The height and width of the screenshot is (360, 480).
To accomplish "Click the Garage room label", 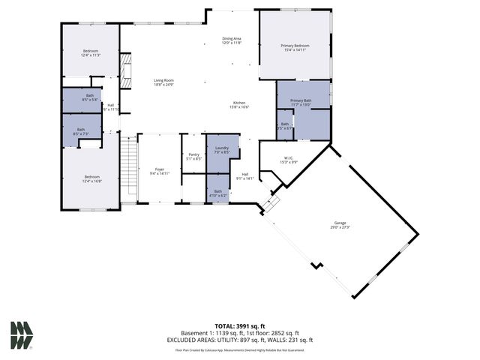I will [340, 224].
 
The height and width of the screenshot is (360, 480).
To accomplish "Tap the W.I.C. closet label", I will [288, 160].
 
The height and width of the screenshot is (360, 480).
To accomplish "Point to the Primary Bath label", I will [301, 103].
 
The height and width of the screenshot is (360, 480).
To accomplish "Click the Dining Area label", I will [231, 41].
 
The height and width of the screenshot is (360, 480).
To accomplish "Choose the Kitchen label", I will [238, 105].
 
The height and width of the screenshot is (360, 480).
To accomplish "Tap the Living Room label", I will [163, 82].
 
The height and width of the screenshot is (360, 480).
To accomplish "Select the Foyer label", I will [160, 171].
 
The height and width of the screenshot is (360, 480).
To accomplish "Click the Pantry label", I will [193, 156].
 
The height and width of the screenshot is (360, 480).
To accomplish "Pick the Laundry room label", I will [221, 150].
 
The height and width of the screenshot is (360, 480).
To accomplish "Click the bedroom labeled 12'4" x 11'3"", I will [90, 52].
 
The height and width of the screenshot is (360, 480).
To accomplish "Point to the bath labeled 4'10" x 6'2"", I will [217, 193].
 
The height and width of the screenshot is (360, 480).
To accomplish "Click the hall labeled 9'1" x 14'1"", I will [245, 176].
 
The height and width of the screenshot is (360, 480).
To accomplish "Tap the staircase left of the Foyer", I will [130, 169].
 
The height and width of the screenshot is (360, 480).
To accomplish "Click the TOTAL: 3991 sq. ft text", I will [240, 326].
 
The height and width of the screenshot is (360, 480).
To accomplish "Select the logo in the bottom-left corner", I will [21, 335].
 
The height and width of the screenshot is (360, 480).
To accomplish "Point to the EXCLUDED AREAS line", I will [240, 340].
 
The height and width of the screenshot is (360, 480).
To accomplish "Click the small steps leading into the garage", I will [271, 202].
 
